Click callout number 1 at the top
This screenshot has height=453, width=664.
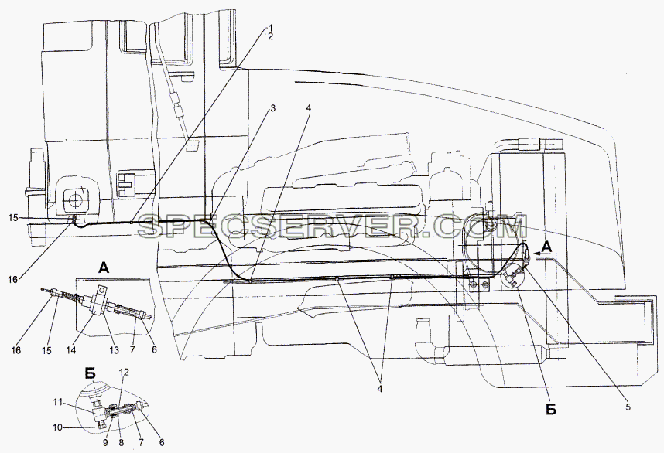tap(267, 29)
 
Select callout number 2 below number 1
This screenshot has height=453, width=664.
tap(271, 37)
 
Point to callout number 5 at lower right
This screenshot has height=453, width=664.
tap(628, 407)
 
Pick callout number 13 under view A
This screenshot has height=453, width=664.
tap(114, 350)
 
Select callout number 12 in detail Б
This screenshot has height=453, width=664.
tap(124, 372)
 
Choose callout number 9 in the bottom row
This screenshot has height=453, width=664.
tap(106, 443)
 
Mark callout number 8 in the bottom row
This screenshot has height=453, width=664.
tap(122, 443)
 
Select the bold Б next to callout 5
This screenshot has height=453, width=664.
tap(551, 410)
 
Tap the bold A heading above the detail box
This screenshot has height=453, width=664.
tap(104, 267)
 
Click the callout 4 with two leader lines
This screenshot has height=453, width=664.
tap(380, 388)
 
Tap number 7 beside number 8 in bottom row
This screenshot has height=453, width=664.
tap(141, 443)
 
